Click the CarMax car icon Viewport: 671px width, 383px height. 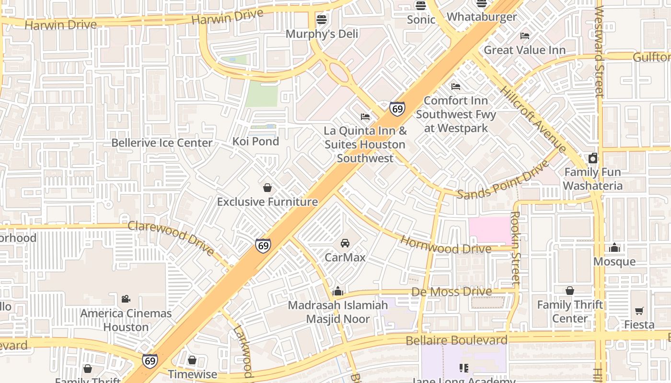click(x=345, y=243)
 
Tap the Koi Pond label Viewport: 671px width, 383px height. click(x=255, y=141)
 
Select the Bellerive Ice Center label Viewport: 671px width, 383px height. click(x=162, y=143)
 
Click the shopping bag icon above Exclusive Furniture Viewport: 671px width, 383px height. click(x=267, y=188)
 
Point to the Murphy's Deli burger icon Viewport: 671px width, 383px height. click(x=322, y=20)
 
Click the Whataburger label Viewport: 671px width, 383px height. click(x=482, y=17)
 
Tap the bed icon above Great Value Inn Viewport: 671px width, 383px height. click(x=525, y=36)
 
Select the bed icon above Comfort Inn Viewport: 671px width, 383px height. click(x=456, y=87)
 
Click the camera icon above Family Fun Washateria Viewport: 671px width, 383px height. click(x=593, y=158)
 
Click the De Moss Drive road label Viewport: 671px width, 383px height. click(x=451, y=292)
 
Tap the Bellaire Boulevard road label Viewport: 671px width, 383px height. click(x=456, y=340)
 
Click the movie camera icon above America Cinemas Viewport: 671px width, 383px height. click(x=126, y=299)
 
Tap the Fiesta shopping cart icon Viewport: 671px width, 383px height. click(x=639, y=311)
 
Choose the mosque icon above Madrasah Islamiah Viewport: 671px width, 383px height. click(x=338, y=291)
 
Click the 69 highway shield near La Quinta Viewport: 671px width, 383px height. click(x=397, y=109)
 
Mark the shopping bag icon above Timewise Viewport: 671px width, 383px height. click(x=192, y=360)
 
